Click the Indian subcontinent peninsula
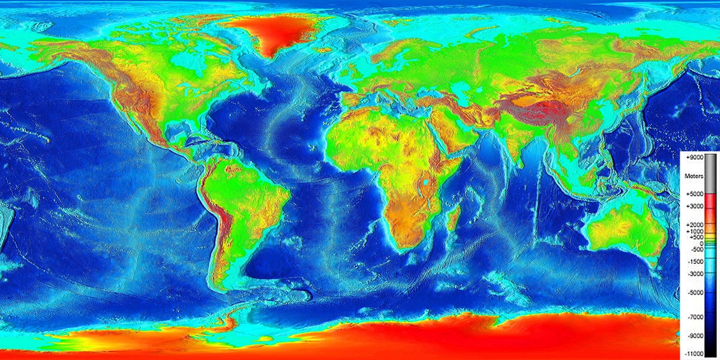click(x=510, y=144)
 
